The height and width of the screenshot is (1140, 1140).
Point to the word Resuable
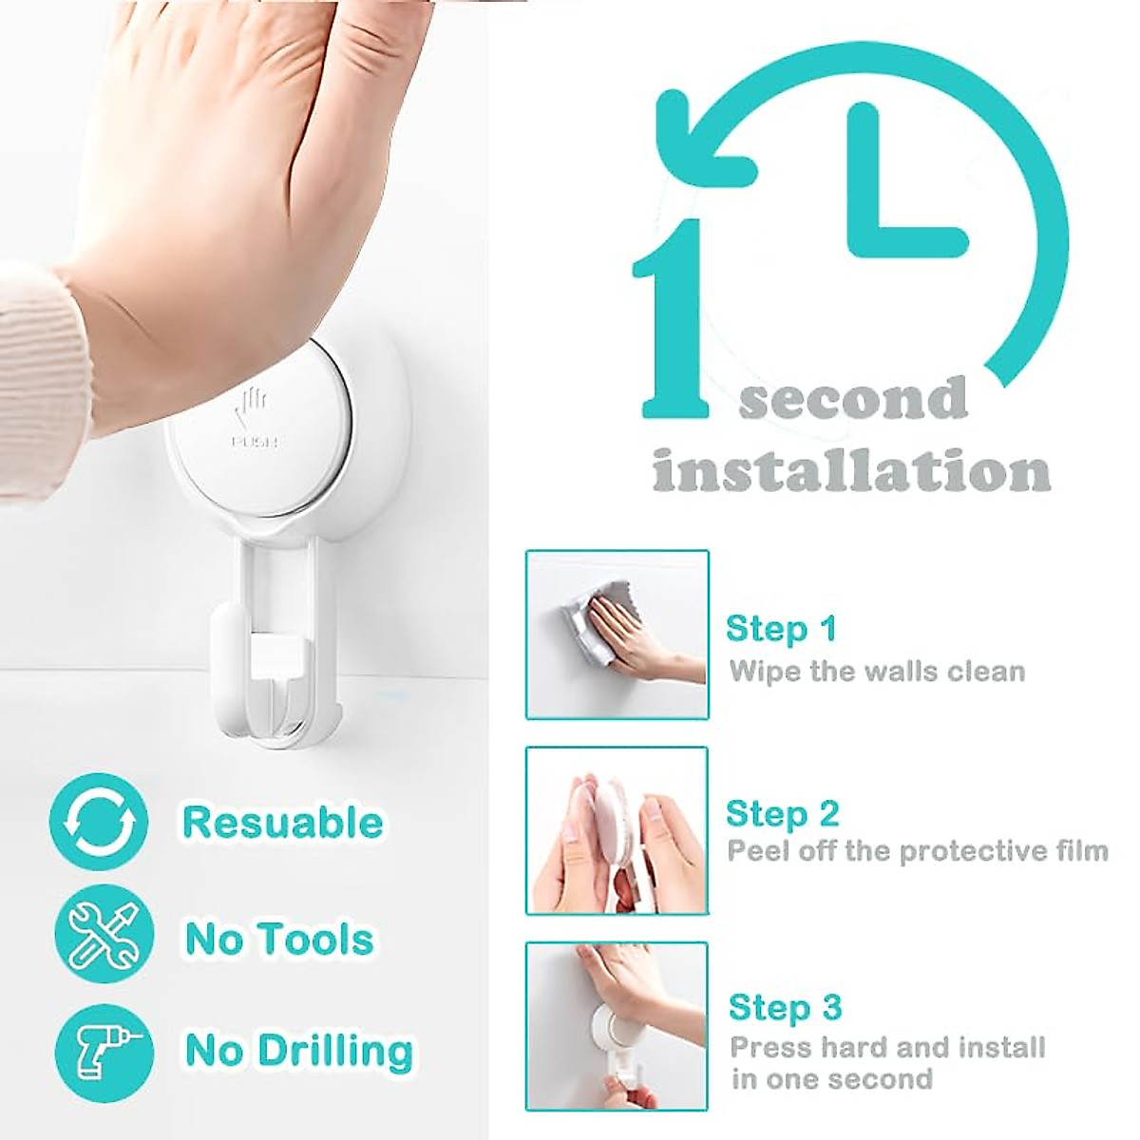(x=282, y=822)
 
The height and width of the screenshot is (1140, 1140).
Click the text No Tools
(x=279, y=939)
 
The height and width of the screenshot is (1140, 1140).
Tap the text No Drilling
(x=299, y=1052)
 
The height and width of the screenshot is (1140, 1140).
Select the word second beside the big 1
(x=853, y=399)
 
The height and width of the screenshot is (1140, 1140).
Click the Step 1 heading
(x=781, y=629)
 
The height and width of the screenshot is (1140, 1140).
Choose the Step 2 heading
(x=782, y=814)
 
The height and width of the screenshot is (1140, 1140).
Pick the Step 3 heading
(x=785, y=1007)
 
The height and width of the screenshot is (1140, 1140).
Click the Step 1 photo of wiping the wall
(x=617, y=635)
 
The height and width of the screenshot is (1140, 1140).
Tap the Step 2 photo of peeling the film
(x=617, y=830)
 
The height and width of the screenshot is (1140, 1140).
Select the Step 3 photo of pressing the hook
(x=617, y=1025)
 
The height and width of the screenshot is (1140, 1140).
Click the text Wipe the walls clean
(x=877, y=672)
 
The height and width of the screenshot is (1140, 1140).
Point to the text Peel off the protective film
(x=918, y=850)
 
